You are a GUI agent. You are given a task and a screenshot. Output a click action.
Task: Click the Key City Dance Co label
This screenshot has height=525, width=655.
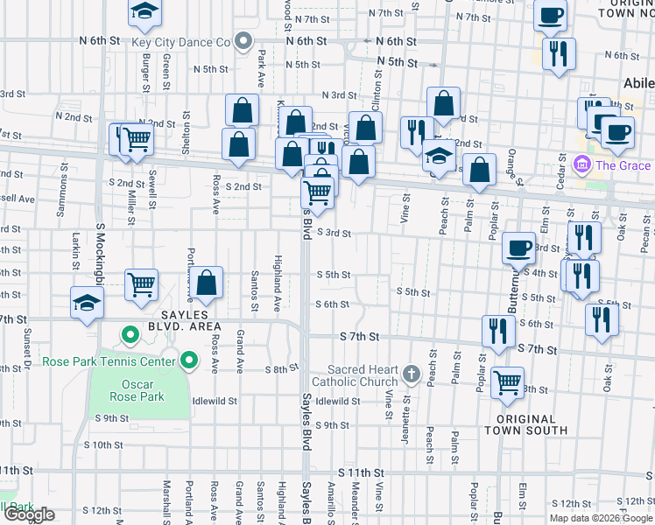pyautogui.click(x=180, y=42)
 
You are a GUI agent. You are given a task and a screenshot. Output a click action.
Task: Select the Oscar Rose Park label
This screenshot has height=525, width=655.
pyautogui.click(x=137, y=390)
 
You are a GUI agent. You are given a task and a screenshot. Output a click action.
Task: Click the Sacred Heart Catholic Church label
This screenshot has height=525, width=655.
pyautogui.click(x=363, y=375)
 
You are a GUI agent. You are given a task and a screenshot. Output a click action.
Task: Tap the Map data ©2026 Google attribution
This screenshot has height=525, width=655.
pyautogui.click(x=600, y=518)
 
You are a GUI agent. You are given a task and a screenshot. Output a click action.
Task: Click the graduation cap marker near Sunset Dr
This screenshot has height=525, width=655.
pyautogui.click(x=88, y=304)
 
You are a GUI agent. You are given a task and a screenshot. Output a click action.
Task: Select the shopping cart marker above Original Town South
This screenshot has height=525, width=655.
pyautogui.click(x=508, y=382)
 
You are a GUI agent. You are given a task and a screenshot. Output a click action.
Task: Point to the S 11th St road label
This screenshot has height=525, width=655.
pyautogui.click(x=355, y=472)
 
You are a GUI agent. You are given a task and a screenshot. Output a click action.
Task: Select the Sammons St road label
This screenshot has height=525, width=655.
pyautogui.click(x=63, y=185)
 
